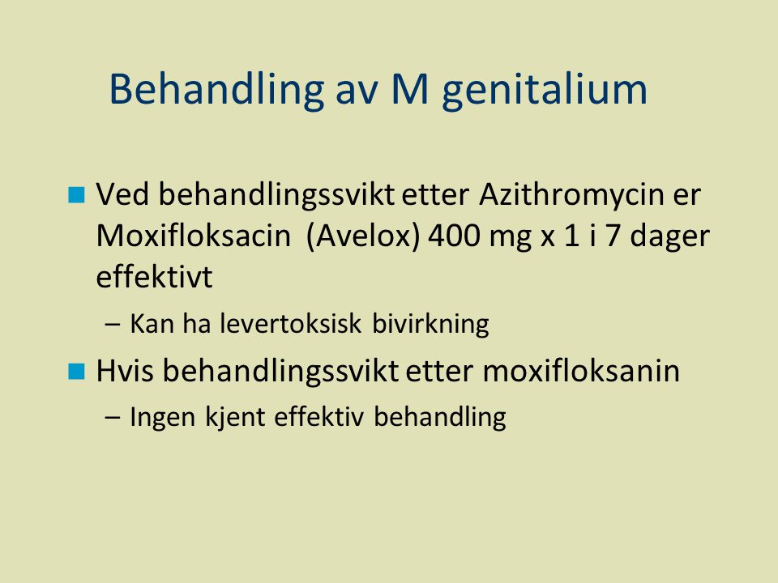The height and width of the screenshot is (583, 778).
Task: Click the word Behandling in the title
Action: (x=216, y=90)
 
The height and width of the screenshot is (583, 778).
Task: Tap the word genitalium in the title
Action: (x=545, y=90)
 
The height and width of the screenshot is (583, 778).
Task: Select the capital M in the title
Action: (x=410, y=89)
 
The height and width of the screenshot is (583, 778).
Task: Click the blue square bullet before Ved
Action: (x=76, y=195)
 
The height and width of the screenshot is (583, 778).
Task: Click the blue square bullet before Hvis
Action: (x=76, y=372)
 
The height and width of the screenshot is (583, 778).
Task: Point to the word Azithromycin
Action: (x=571, y=195)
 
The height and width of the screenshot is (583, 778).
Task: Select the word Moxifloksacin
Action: (x=194, y=236)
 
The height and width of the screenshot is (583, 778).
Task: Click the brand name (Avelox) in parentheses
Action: (x=364, y=236)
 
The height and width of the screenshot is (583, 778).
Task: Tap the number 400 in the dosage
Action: (x=455, y=236)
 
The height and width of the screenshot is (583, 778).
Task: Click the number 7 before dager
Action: (x=613, y=236)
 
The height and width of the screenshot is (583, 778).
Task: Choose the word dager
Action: (x=669, y=238)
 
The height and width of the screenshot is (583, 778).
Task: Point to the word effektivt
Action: (x=154, y=277)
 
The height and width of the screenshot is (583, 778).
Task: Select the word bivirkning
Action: (x=430, y=325)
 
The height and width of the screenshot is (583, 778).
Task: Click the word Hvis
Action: (x=125, y=371)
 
